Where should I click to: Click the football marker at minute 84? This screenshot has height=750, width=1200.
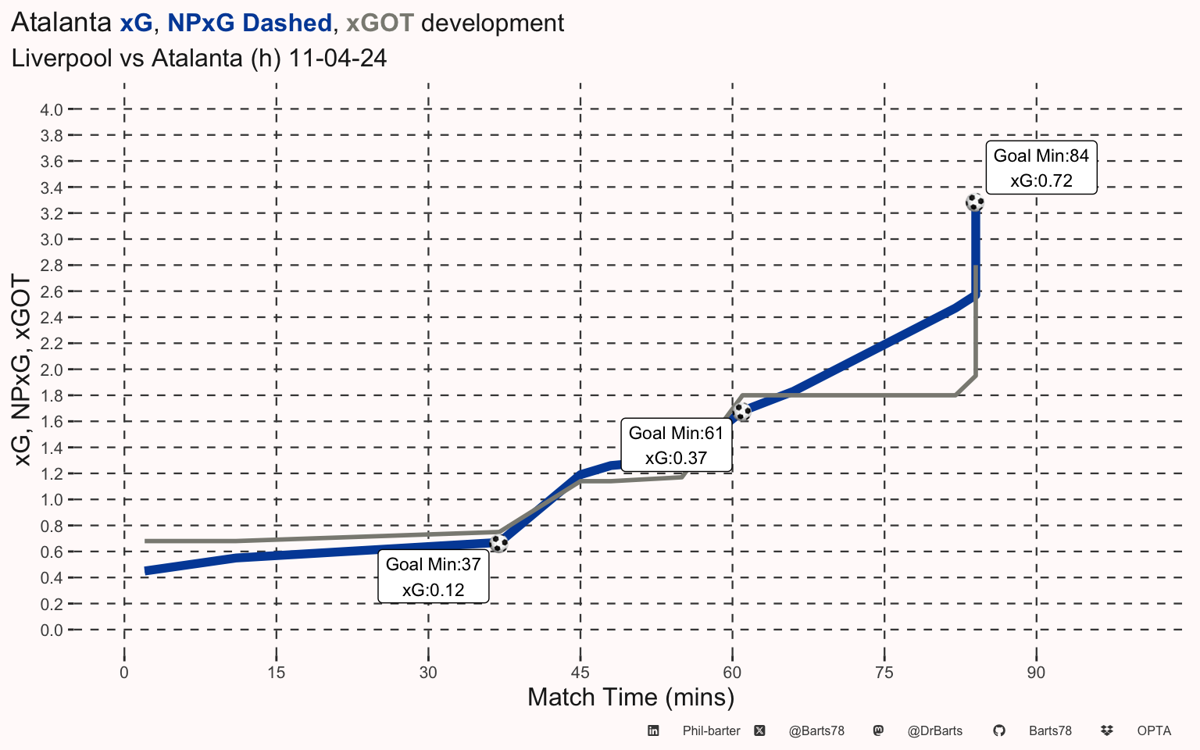point(975,202)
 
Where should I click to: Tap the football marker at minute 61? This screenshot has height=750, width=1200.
point(741,411)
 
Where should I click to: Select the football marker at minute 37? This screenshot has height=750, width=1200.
point(498,543)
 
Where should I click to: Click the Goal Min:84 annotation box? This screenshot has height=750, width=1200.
point(1041,168)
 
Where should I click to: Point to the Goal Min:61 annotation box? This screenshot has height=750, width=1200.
point(677,445)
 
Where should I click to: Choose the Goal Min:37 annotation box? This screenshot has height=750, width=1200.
point(434,577)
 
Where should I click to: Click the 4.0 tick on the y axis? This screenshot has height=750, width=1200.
point(52,109)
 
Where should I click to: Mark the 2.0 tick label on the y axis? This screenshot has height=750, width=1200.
point(52,370)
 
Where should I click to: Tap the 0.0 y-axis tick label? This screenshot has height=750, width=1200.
point(52,630)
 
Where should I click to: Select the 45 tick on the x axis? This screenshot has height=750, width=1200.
point(580,673)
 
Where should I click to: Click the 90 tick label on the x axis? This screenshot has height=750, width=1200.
point(1036,673)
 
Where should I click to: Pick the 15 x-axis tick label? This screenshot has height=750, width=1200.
point(276,673)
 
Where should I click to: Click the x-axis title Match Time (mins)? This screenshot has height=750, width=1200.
point(630,697)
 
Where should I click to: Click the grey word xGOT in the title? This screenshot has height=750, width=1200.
point(380,23)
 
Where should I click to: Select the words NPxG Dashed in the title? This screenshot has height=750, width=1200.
point(249,23)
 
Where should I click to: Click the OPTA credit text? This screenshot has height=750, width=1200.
point(1154,731)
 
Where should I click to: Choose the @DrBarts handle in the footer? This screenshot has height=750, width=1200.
point(934,731)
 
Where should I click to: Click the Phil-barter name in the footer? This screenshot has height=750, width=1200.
point(711,731)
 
